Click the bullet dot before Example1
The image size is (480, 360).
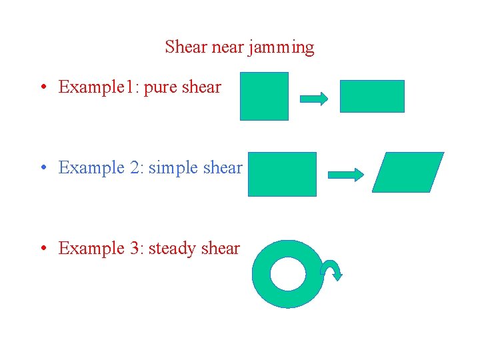(x=43, y=87)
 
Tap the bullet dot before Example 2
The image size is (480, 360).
(x=43, y=168)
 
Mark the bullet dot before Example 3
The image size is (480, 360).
(x=43, y=249)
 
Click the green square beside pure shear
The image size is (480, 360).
(x=264, y=96)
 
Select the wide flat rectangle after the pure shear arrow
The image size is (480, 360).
(x=372, y=96)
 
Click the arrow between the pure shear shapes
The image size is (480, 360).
(x=314, y=99)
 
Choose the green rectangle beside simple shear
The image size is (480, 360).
(x=282, y=174)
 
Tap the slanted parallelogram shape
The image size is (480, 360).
(x=407, y=172)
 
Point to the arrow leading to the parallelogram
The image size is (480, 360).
(x=346, y=175)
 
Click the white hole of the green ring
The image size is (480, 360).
(x=287, y=274)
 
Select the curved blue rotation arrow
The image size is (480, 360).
(x=331, y=269)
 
